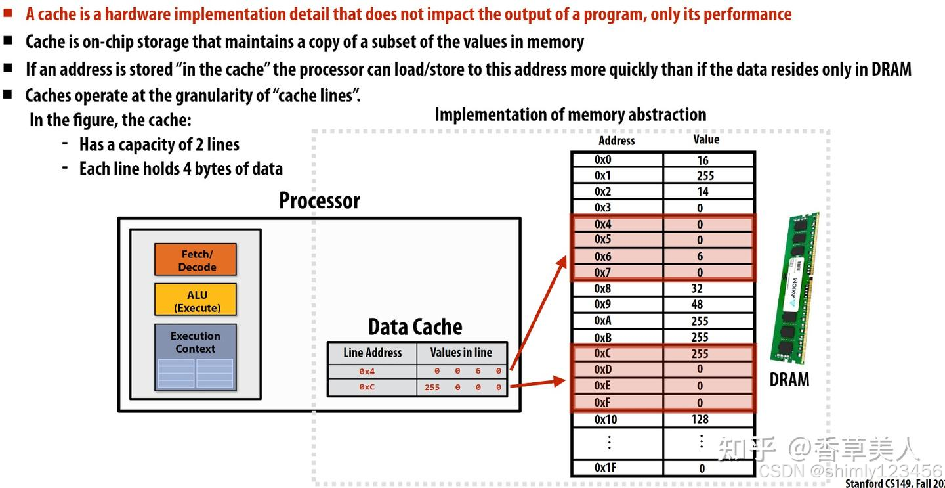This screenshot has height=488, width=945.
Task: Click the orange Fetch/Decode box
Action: [x=196, y=260]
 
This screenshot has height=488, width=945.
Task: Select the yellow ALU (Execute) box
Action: [x=196, y=301]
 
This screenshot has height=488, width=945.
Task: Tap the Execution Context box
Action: [x=196, y=357]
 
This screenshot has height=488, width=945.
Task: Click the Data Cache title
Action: [x=415, y=327]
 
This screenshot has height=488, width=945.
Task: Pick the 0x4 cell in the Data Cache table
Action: [x=367, y=372]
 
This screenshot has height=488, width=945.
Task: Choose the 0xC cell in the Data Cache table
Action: [x=367, y=388]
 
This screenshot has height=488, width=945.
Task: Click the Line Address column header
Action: [x=372, y=353]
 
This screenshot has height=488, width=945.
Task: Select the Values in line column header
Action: [x=461, y=353]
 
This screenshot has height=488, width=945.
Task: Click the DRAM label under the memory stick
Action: [x=789, y=380]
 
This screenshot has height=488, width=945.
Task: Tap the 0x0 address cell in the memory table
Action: [x=603, y=160]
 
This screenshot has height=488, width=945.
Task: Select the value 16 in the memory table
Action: [x=703, y=160]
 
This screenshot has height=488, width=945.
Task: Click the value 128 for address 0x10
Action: [x=700, y=419]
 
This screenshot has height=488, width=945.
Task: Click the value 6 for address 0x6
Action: [x=700, y=257]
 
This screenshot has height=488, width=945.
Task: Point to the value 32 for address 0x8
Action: [x=697, y=288]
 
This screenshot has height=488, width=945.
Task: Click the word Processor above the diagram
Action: [x=320, y=200]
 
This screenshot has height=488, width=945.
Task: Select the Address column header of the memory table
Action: [x=616, y=141]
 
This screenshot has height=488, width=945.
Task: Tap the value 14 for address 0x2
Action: [x=703, y=192]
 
